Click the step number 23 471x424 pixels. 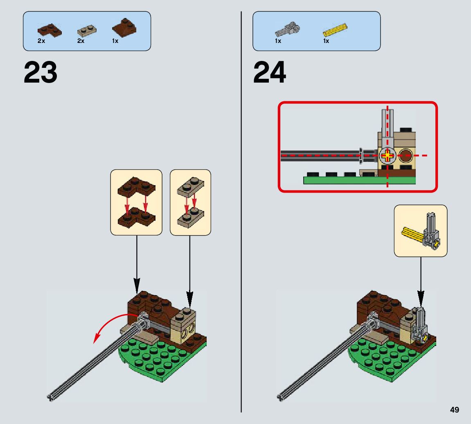pos(41,72)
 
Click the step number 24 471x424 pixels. pos(270,72)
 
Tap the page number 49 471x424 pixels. pos(454,410)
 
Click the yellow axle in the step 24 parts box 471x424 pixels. pos(335,29)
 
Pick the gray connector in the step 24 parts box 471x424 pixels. pos(288,29)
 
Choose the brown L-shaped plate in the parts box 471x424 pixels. pos(49,29)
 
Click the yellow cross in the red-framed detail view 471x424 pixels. pos(387,155)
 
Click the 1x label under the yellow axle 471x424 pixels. pos(326,41)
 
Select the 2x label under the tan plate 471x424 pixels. pos(81,41)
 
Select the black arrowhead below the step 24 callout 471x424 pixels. pos(420,299)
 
